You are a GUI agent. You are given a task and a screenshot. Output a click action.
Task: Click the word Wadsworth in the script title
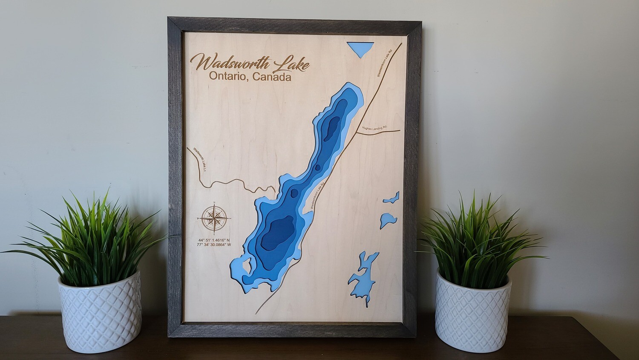[230, 63]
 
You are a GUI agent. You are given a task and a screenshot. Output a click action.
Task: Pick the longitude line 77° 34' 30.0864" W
[214, 245]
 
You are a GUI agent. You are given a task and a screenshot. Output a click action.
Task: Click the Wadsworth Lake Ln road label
[199, 159]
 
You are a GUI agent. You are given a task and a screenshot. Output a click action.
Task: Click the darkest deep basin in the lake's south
[277, 232]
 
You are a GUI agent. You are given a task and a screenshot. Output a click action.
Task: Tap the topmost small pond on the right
[392, 198]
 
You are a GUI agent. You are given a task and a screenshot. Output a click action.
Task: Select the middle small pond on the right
[388, 220]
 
